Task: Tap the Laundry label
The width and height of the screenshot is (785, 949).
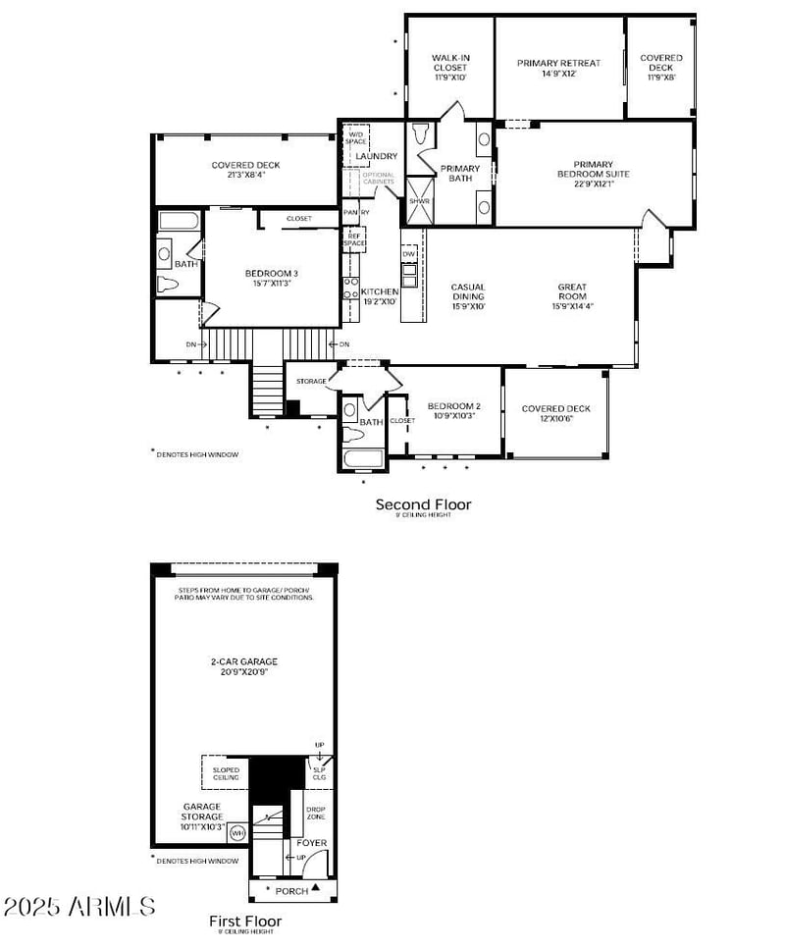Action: [377, 157]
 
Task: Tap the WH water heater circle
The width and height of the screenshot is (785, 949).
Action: [236, 833]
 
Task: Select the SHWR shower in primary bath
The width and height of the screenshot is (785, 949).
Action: [420, 200]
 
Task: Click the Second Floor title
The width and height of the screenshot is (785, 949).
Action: [423, 504]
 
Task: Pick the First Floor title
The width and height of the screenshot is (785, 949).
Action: [245, 921]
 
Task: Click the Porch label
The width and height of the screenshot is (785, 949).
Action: [291, 891]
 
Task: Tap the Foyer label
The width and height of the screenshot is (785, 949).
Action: [312, 843]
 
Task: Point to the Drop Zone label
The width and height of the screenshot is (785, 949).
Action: [315, 813]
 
